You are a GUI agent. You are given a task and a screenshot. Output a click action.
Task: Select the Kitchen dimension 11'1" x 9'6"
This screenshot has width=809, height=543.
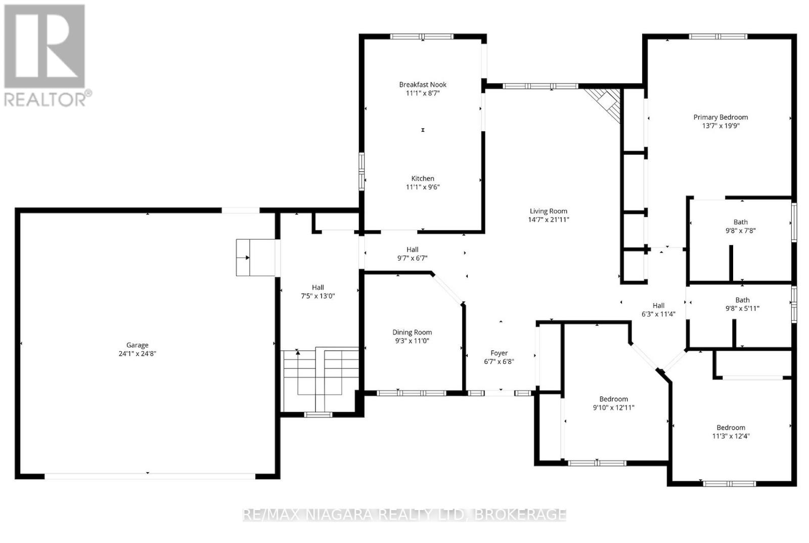[x=423, y=187]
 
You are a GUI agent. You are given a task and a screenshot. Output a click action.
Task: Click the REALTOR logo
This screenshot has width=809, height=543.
[x=46, y=56]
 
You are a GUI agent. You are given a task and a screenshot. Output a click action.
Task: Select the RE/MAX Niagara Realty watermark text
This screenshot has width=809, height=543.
[x=404, y=515]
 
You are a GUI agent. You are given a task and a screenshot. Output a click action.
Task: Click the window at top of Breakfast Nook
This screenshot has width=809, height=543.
[x=422, y=36]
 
